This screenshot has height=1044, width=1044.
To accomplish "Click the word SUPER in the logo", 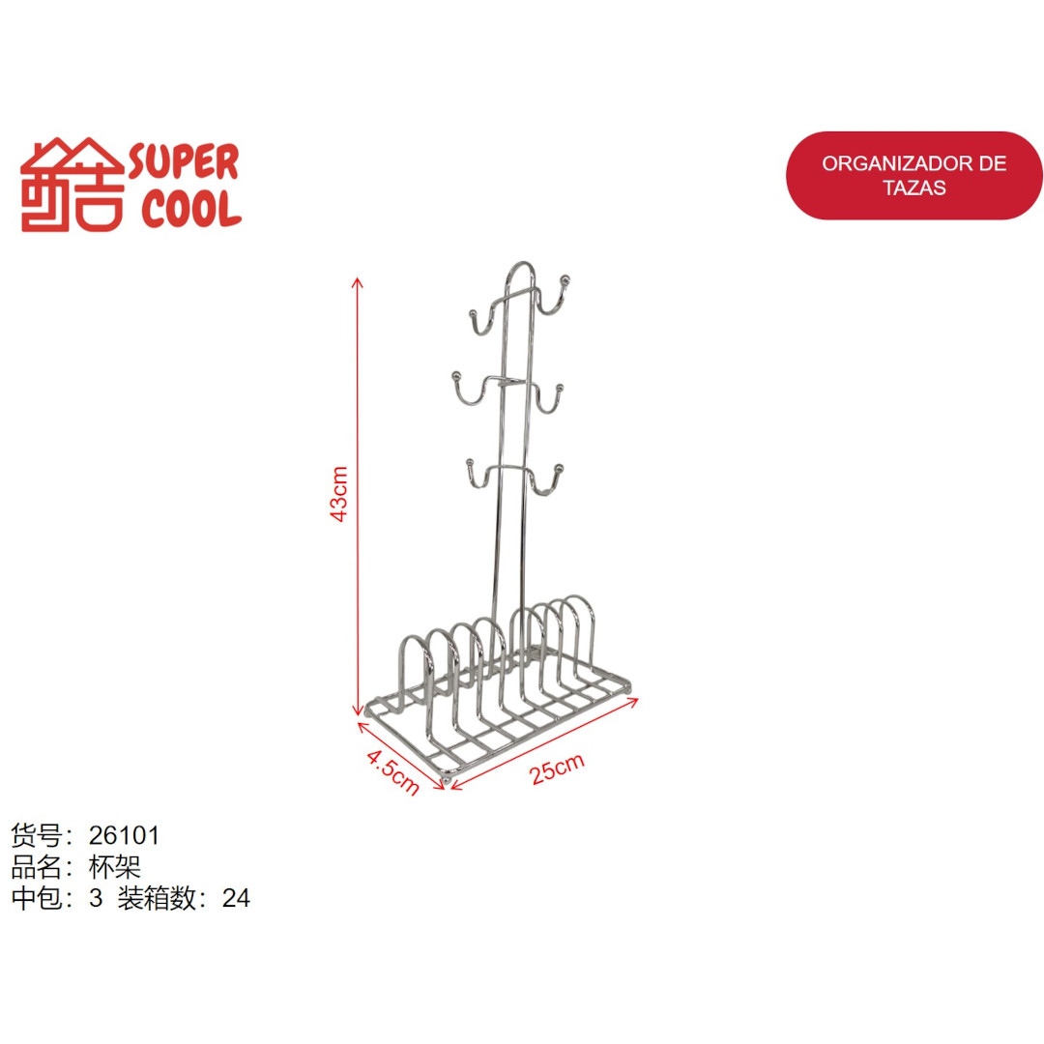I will (x=183, y=163).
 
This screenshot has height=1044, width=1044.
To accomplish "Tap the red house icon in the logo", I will (x=72, y=185).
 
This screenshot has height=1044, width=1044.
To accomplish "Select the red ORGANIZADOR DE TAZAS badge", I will (x=913, y=175).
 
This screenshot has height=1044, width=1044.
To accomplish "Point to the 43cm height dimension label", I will (x=337, y=494).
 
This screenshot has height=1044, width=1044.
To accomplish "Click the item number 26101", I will (x=124, y=834).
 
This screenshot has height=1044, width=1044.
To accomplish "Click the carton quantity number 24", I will (x=236, y=898).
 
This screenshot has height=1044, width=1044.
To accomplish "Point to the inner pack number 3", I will (x=95, y=898).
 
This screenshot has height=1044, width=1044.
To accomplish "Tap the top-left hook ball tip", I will (x=474, y=314).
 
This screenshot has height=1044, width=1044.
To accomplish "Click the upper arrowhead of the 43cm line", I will (x=358, y=282).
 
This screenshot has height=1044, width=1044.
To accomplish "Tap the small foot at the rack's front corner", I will (x=447, y=776).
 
